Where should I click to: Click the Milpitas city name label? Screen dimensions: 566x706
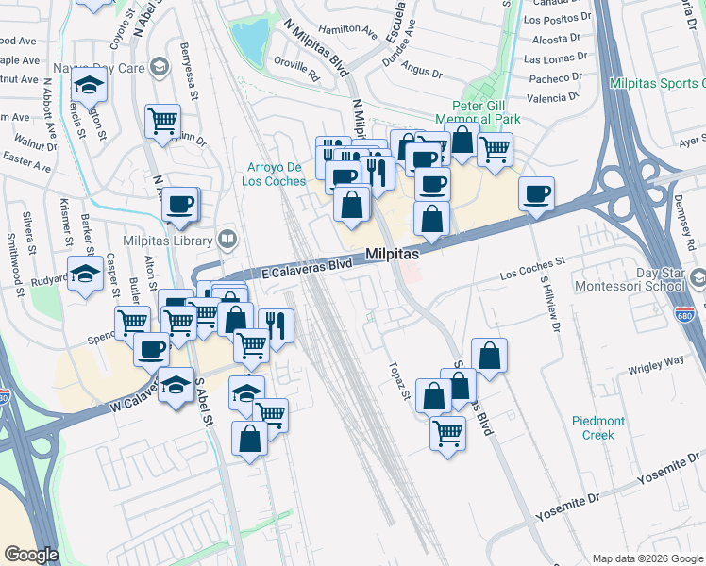pos(392,255)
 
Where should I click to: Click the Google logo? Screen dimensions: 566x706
pos(31,555)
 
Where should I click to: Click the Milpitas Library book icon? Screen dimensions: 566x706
pos(227,239)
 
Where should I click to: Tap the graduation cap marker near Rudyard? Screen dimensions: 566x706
pos(86,275)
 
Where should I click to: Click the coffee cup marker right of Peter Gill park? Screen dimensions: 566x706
pos(536,193)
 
